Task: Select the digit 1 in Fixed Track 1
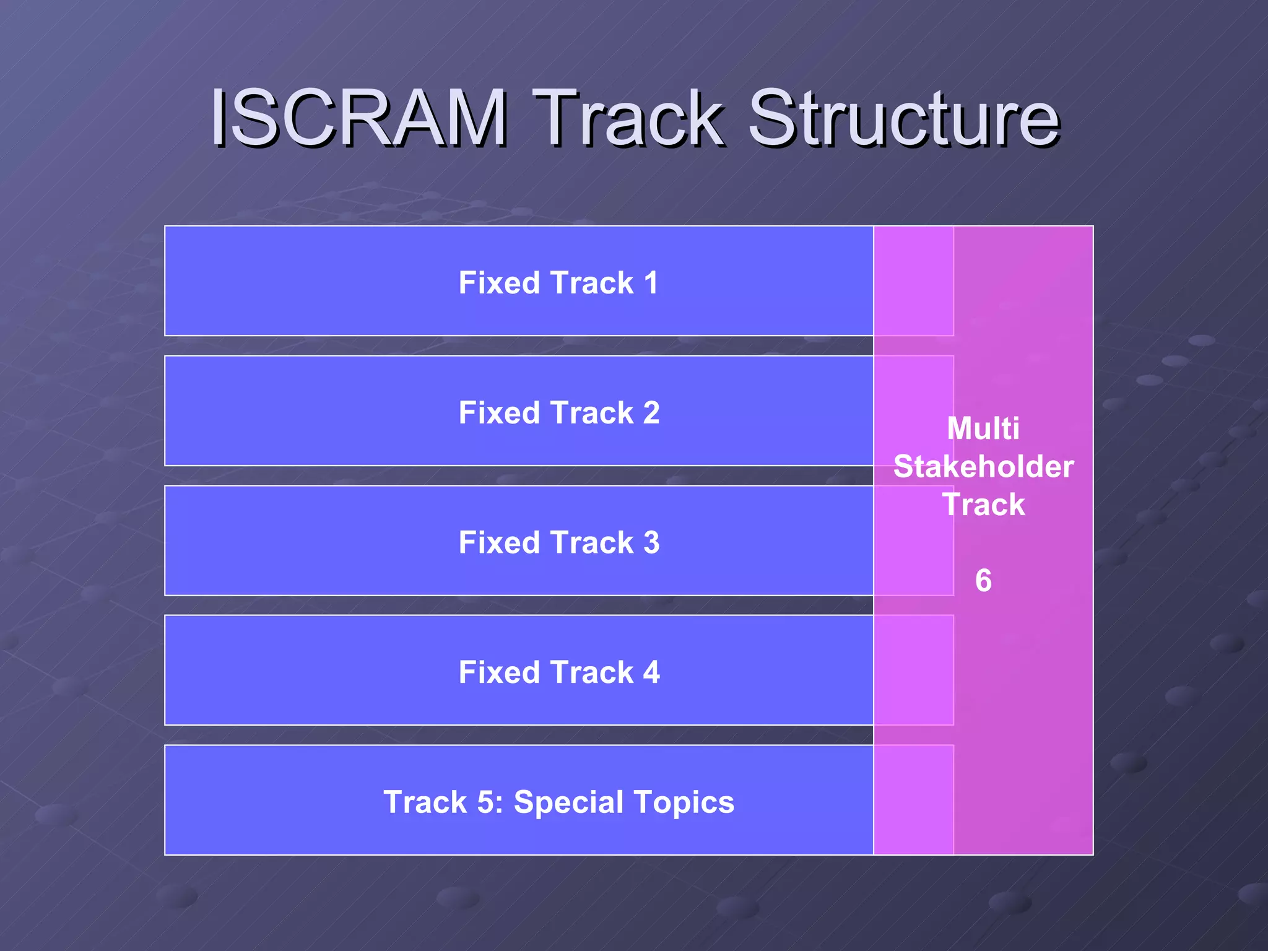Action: [651, 283]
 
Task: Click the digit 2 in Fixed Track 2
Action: [651, 413]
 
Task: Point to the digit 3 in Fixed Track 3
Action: [651, 543]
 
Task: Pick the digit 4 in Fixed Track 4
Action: [651, 672]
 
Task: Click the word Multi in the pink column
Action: [983, 428]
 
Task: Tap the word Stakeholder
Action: [983, 467]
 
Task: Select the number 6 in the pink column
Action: [983, 581]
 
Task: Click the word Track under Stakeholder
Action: [983, 505]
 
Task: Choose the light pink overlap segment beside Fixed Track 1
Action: [913, 281]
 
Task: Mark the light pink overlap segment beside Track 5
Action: [913, 800]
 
